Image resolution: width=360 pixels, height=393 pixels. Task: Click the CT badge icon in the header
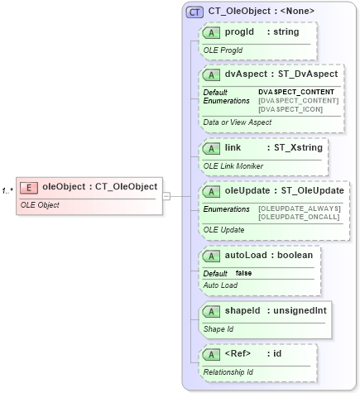click(194, 12)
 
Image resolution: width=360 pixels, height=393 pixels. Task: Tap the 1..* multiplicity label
click(7, 191)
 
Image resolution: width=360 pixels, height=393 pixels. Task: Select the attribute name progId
click(238, 32)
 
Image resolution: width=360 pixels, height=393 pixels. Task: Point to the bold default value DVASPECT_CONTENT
click(296, 92)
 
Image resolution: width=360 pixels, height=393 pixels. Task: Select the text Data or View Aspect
click(237, 122)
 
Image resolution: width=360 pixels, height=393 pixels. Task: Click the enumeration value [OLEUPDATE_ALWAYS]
click(299, 208)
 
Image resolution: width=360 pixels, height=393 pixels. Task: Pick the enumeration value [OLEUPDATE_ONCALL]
click(299, 217)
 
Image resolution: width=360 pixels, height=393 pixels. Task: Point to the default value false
click(243, 273)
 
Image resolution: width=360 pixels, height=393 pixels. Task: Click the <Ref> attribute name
click(238, 354)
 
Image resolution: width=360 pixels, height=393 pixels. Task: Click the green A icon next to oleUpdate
click(211, 191)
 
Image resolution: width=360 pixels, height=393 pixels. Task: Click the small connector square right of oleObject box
click(166, 196)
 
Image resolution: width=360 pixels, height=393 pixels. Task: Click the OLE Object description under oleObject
click(40, 204)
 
